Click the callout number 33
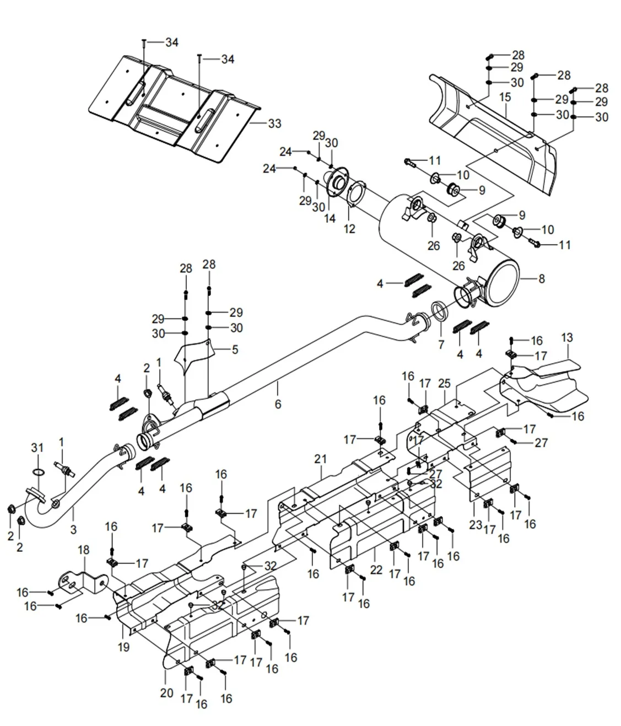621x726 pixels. pos(274,123)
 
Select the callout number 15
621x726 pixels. pos(505,97)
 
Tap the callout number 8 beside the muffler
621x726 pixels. pos(542,278)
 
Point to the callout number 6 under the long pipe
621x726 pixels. pos(278,404)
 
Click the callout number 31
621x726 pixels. pos(37,448)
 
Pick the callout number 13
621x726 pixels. pos(567,337)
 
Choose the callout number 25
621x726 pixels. pos(444,383)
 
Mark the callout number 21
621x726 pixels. pos(321,459)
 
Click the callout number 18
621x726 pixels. pos(84,550)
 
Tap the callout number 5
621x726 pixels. pos(235,349)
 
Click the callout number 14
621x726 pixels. pos(330,218)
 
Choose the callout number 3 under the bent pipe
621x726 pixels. pos(73,529)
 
